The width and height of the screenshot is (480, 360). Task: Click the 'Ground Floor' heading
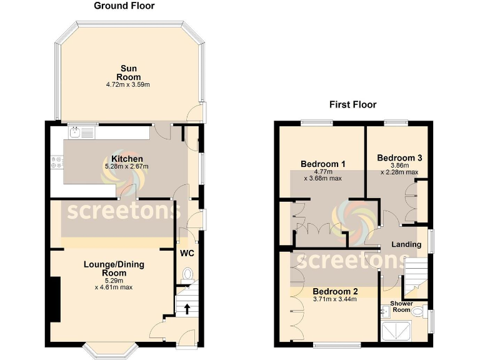(x=124, y=6)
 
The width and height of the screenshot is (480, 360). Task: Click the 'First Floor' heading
(x=353, y=104)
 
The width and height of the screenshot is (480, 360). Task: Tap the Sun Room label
(x=128, y=72)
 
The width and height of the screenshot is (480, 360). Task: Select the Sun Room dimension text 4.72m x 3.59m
(x=128, y=84)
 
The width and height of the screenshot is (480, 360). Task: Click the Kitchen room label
(x=127, y=159)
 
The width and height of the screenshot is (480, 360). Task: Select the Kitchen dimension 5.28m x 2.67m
(x=127, y=167)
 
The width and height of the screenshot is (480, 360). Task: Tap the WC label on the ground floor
(x=187, y=254)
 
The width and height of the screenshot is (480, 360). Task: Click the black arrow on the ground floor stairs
(x=186, y=307)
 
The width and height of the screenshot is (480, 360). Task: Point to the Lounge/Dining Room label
(x=114, y=269)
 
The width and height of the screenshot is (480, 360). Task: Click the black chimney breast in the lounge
(x=56, y=300)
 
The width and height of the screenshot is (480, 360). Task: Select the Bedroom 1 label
(x=323, y=164)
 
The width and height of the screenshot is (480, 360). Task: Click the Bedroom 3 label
(x=399, y=158)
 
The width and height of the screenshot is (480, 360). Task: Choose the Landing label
(x=406, y=244)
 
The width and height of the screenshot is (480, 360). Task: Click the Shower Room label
(x=402, y=306)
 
